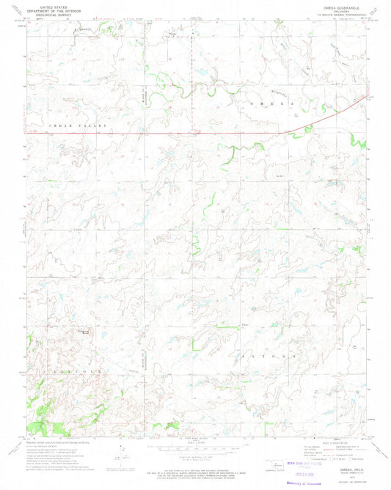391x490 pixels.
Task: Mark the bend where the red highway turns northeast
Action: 288,132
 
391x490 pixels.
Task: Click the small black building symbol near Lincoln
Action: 86,333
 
